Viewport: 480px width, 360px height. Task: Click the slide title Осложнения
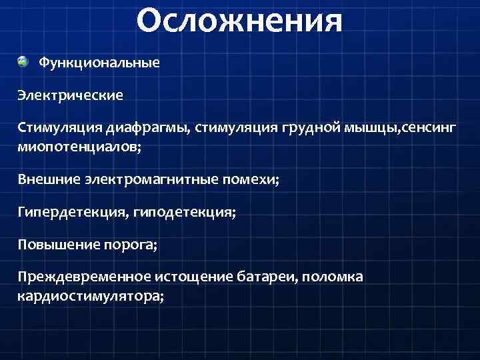coord(239,21)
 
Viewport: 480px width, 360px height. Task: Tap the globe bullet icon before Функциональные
coord(23,62)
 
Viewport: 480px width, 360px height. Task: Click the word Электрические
coord(71,95)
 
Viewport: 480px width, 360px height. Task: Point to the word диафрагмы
coord(157,128)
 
